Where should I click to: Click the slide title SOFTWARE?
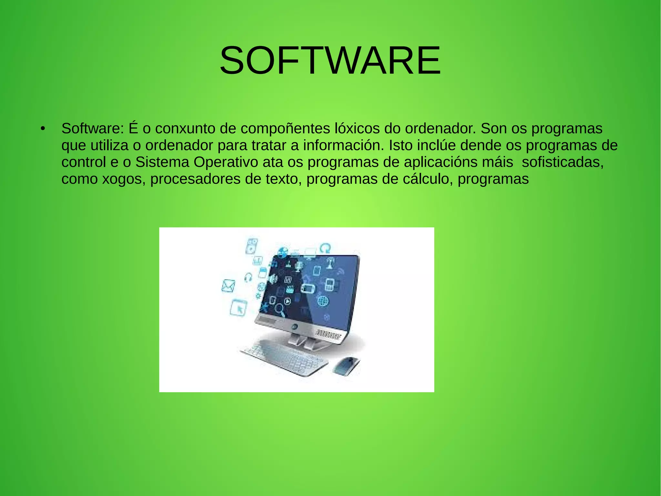click(330, 60)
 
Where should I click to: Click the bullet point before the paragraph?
click(42, 129)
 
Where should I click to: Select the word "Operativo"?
click(226, 162)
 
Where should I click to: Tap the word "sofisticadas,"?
click(563, 162)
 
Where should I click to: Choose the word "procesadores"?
click(195, 179)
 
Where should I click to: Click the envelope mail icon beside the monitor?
click(228, 286)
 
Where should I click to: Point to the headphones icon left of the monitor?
click(248, 277)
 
